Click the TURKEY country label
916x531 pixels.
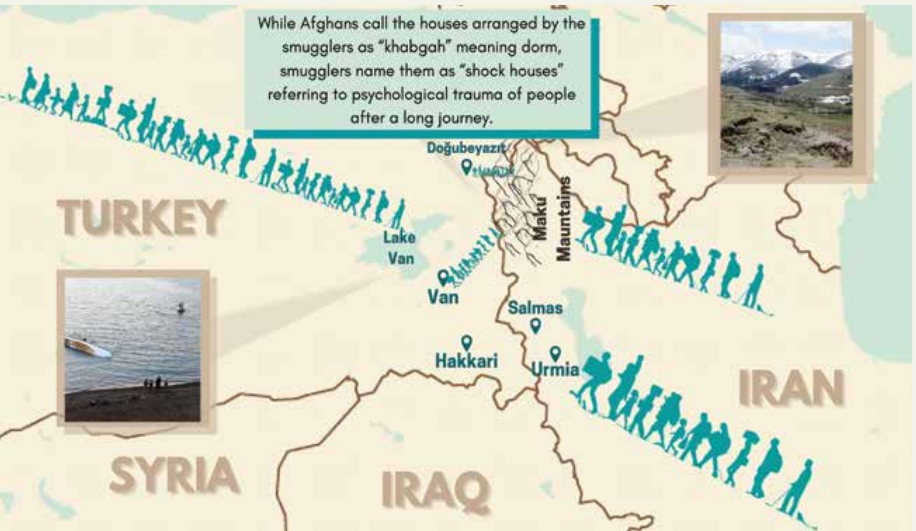tap(140, 217)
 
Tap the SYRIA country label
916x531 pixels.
tap(174, 476)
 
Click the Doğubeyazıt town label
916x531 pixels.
tap(466, 148)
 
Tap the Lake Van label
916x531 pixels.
tap(399, 248)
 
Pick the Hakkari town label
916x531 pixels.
tap(466, 361)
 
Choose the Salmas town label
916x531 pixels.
tap(535, 308)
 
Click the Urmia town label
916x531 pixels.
tap(555, 369)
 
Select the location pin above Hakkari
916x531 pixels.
tap(466, 343)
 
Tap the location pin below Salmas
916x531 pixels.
tap(536, 325)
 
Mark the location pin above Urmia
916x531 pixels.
tap(555, 352)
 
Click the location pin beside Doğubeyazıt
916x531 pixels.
tap(466, 166)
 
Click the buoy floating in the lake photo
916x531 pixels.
tap(181, 308)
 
